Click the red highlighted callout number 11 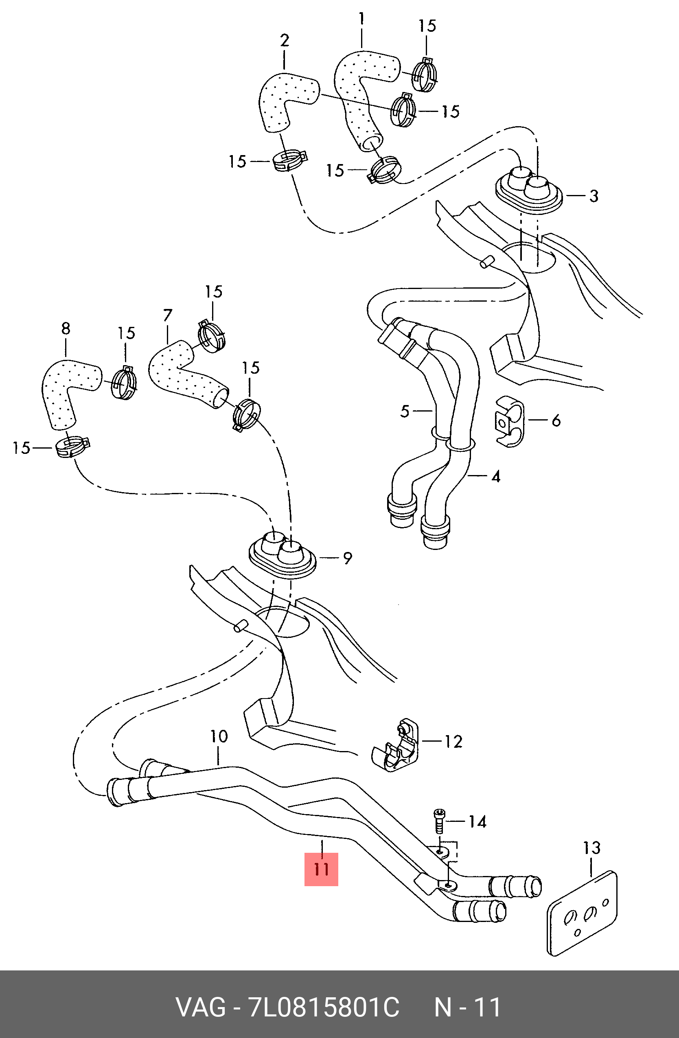[x=321, y=869]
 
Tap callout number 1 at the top [x=361, y=19]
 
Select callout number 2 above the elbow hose [x=284, y=41]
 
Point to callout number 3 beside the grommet [x=594, y=196]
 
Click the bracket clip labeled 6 [x=509, y=422]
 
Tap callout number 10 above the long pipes [x=219, y=736]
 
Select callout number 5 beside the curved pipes [x=405, y=411]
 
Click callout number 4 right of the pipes [x=495, y=477]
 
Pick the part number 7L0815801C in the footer [x=323, y=1007]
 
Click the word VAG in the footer [x=200, y=1007]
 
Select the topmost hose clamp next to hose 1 [x=425, y=74]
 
